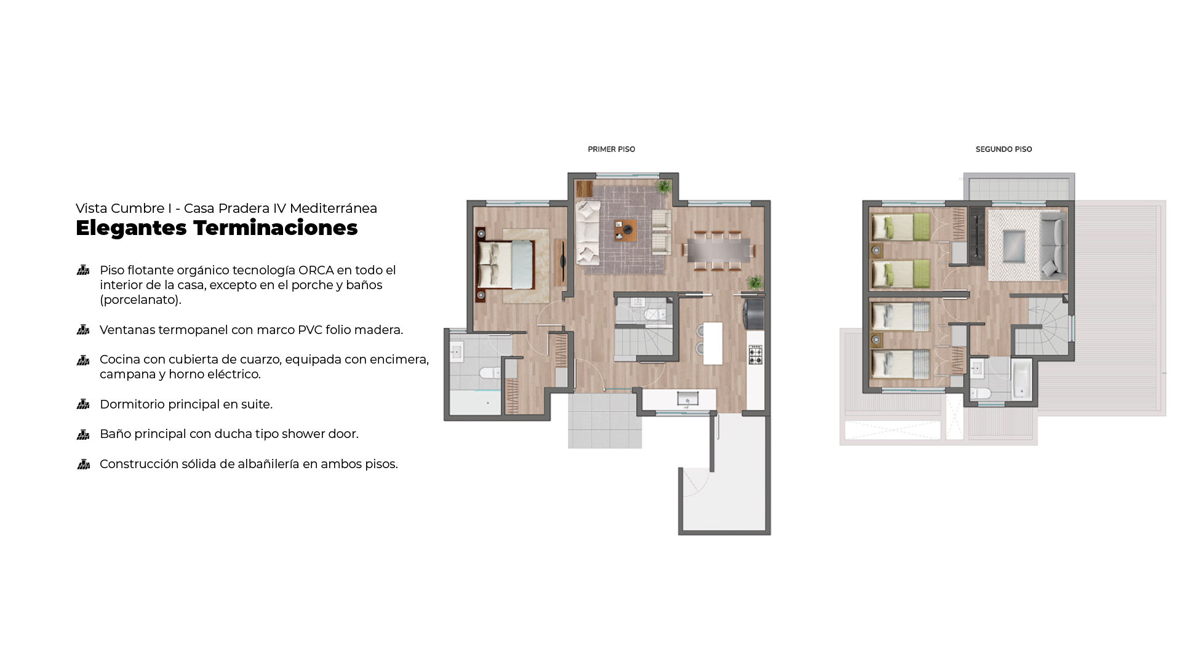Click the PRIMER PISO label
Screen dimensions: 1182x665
point(611,149)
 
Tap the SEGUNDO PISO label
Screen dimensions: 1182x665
point(1004,149)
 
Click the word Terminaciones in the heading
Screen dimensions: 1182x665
point(275,228)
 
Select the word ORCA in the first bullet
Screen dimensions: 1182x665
point(316,270)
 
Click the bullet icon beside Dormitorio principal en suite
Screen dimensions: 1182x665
point(83,404)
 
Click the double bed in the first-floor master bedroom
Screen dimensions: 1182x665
point(505,265)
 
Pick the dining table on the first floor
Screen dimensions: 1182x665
point(719,250)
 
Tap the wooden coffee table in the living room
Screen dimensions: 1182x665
point(626,230)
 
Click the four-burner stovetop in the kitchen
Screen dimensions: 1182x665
point(755,355)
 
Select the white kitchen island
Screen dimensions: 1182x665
point(713,343)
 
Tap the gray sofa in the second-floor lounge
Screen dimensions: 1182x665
point(1053,244)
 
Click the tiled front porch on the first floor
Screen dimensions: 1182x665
point(605,421)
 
